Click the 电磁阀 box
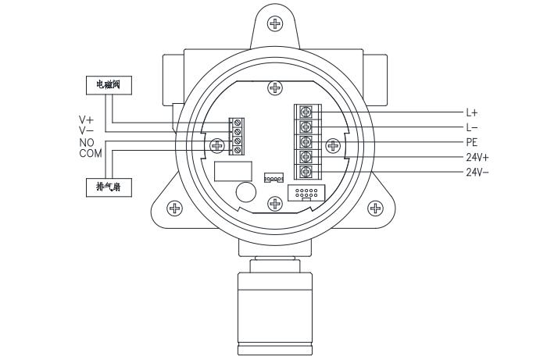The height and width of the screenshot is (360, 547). coord(109,85)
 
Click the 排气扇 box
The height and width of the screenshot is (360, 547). coord(109,187)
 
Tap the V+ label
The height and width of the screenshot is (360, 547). coord(86,120)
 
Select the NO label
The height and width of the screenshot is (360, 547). coord(87,143)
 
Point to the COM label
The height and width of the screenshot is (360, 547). coord(91,153)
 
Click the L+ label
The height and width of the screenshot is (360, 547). coord(472,112)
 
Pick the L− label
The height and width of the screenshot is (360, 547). coord(472,127)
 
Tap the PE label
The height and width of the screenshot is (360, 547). coord(472,142)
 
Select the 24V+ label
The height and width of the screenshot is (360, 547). coord(477,158)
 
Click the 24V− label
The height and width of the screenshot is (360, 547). coord(477,172)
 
